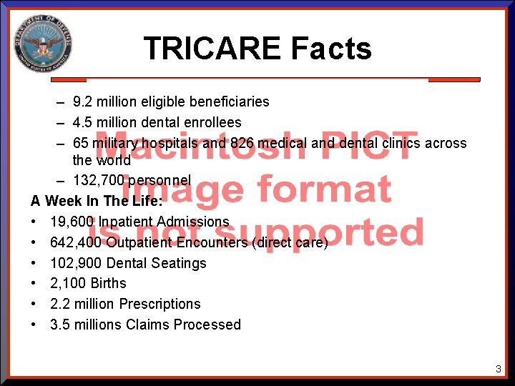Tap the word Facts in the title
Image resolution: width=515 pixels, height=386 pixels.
click(x=331, y=49)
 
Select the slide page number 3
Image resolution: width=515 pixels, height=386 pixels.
click(x=499, y=369)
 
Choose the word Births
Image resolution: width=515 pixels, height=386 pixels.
click(x=108, y=283)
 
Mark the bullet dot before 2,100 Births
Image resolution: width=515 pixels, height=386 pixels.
click(x=34, y=284)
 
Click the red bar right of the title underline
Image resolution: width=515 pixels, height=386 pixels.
click(x=454, y=79)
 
